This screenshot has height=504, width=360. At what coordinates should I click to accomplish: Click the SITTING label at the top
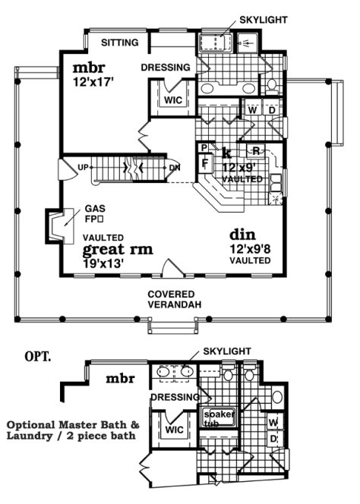click(121, 43)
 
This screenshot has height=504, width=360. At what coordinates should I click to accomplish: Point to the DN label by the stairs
click(174, 167)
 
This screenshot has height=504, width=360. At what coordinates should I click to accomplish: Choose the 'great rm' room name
click(118, 249)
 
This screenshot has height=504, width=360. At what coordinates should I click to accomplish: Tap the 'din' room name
click(242, 235)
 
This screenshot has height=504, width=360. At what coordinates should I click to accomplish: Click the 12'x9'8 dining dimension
click(251, 249)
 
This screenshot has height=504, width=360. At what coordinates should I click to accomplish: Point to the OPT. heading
click(37, 355)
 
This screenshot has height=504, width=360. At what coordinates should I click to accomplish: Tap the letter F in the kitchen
click(204, 162)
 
